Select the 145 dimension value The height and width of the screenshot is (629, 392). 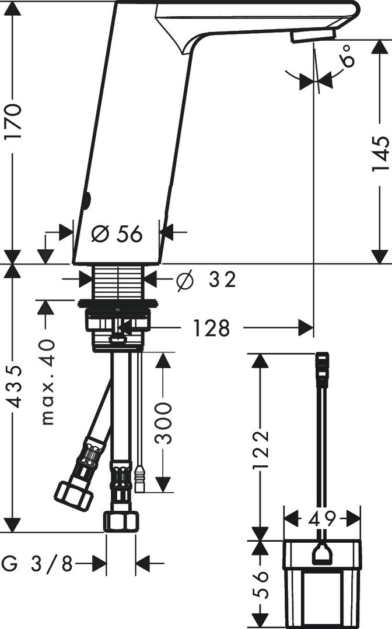click(x=380, y=154)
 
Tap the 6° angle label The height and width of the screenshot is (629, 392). click(x=348, y=55)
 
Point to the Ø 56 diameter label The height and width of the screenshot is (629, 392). click(x=117, y=234)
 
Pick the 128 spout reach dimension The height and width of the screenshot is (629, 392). click(x=212, y=328)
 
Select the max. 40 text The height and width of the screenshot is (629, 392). click(x=48, y=381)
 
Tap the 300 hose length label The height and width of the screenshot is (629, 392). click(x=163, y=423)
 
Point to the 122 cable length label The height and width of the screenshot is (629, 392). click(x=261, y=449)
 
